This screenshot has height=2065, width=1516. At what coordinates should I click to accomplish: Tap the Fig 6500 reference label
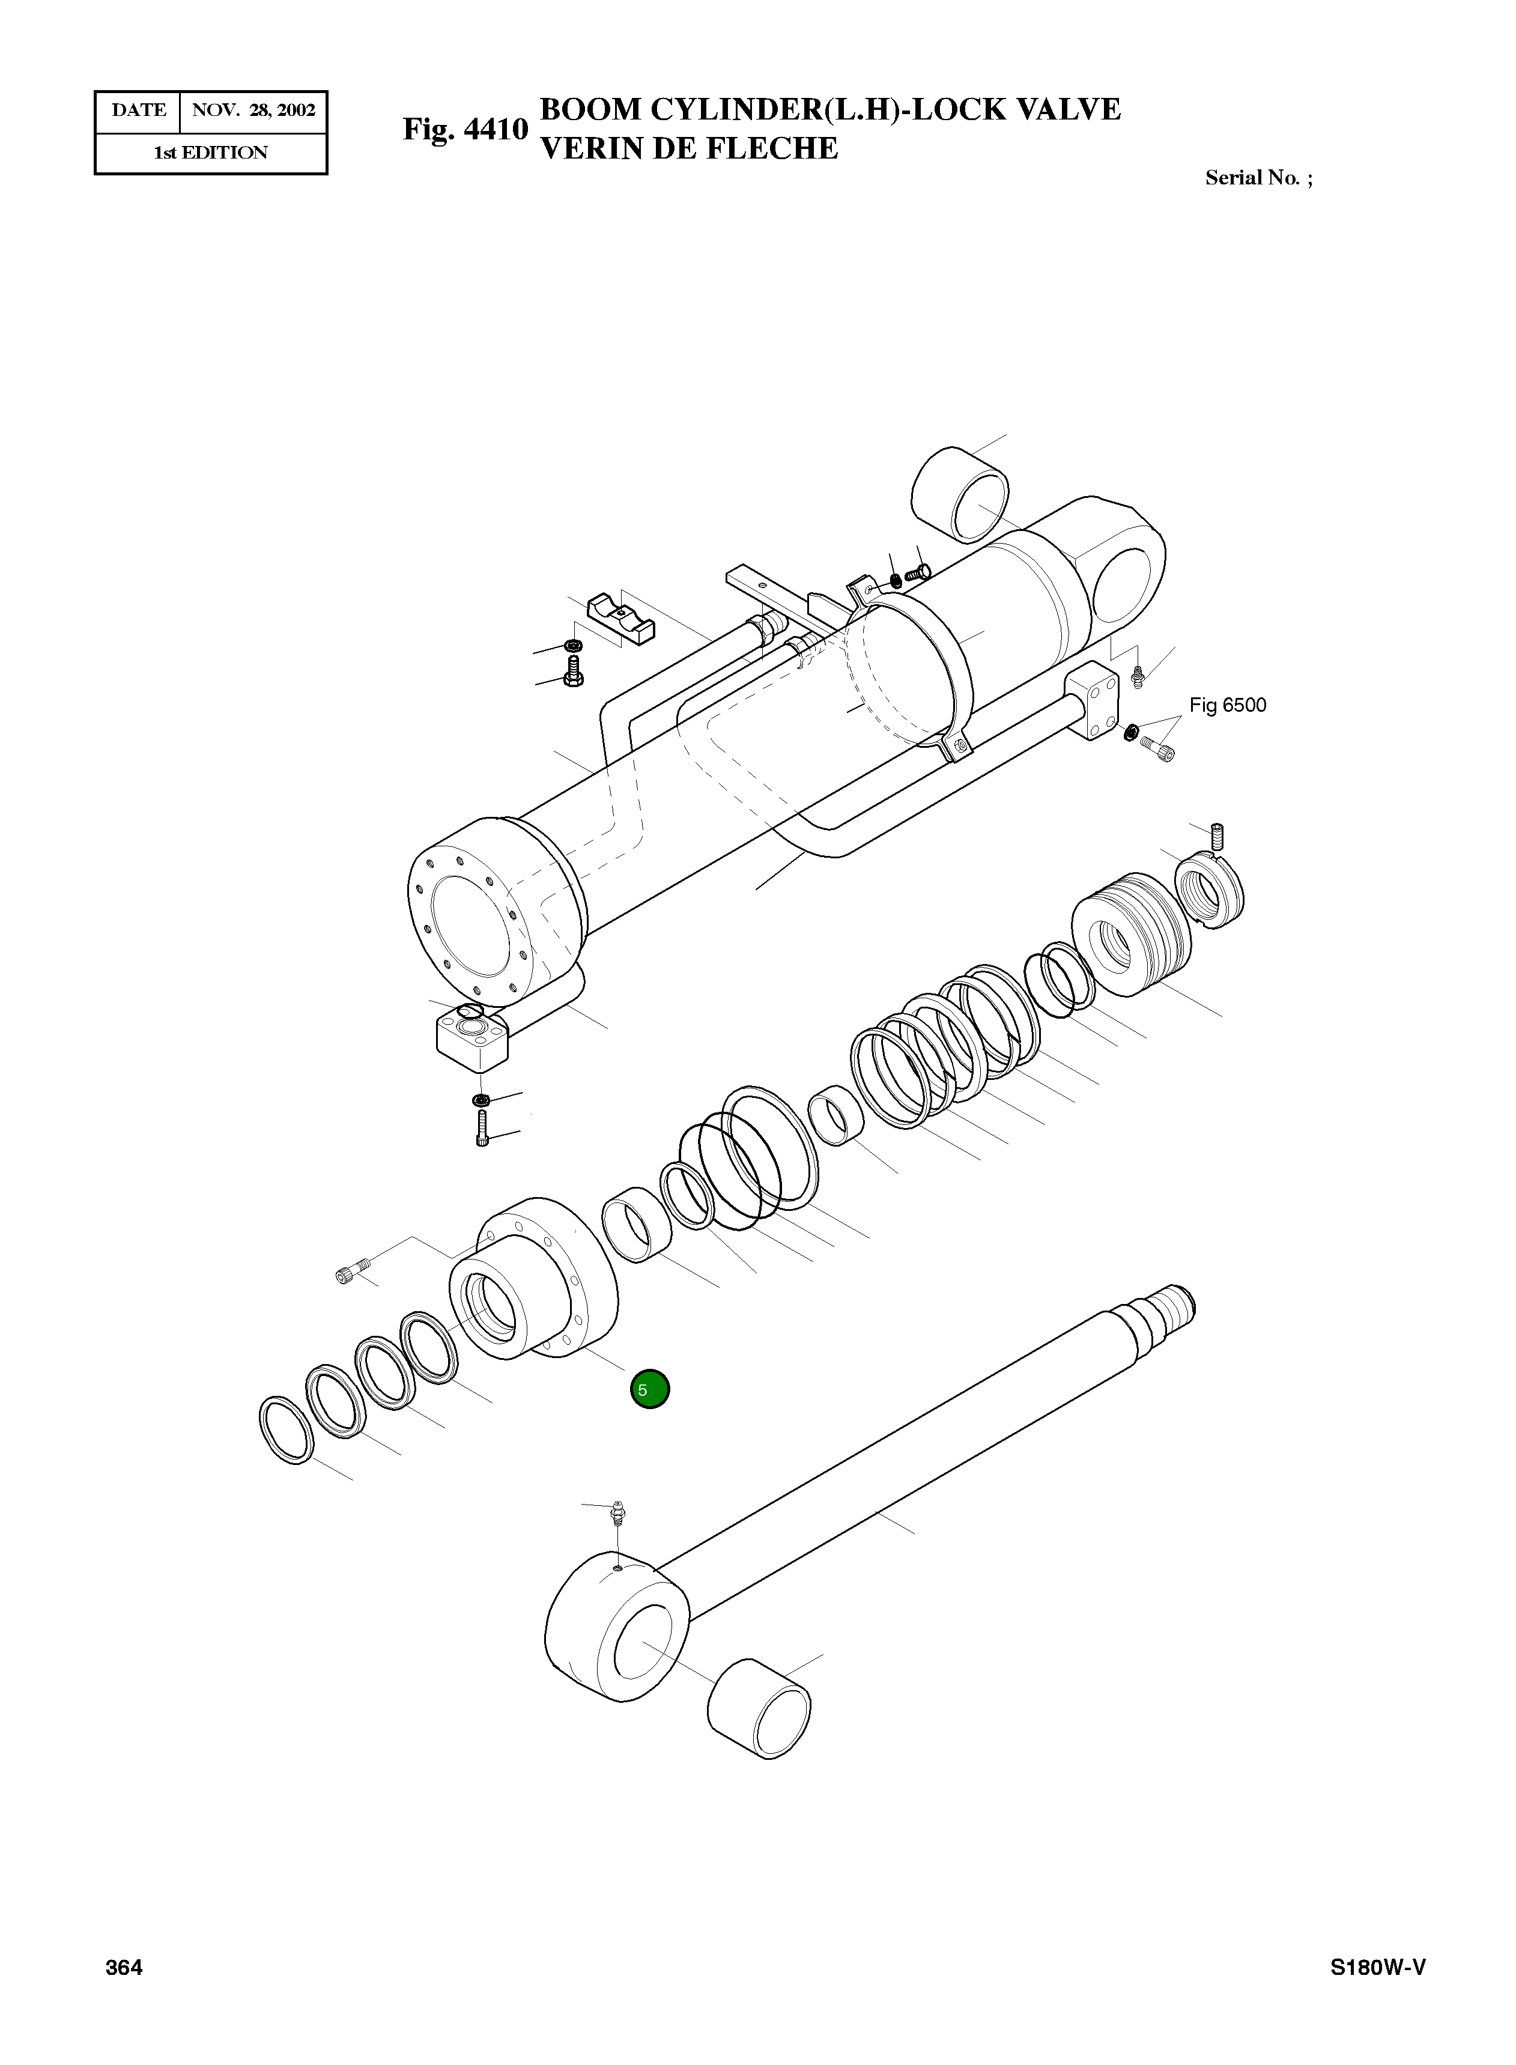point(1227,705)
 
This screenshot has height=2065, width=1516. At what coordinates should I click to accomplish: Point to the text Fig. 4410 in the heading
point(465,129)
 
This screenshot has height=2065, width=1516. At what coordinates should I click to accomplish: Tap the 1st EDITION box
point(210,153)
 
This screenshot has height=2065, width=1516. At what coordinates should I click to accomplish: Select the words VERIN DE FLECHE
point(688,149)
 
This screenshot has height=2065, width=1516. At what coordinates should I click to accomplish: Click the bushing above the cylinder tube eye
point(959,496)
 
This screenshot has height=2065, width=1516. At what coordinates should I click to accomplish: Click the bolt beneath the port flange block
point(482,1127)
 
